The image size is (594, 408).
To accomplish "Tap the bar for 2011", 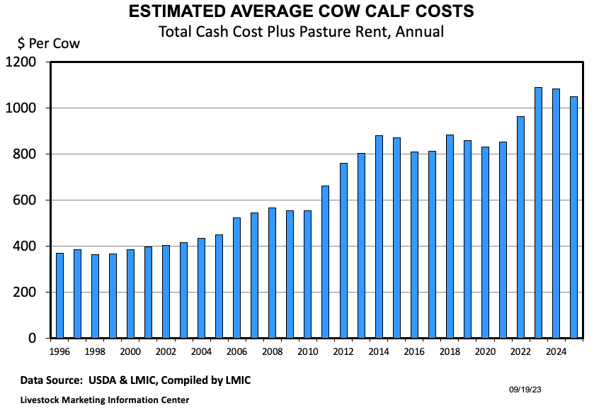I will pyautogui.click(x=326, y=261).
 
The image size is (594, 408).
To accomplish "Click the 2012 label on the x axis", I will pyautogui.click(x=343, y=351).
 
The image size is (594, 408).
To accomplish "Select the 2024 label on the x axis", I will pyautogui.click(x=556, y=351).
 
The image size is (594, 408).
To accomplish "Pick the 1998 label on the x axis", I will pyautogui.click(x=96, y=351).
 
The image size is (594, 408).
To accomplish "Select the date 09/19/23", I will pyautogui.click(x=525, y=389).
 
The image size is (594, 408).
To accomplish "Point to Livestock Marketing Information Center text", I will pyautogui.click(x=104, y=399).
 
